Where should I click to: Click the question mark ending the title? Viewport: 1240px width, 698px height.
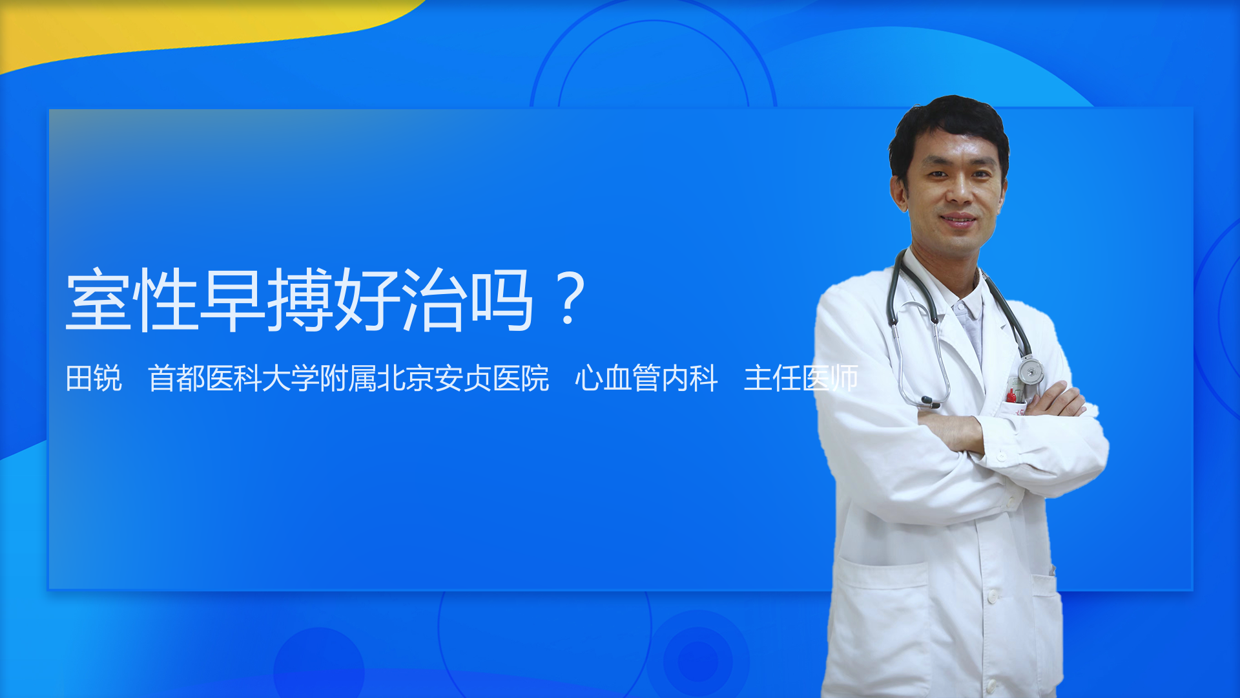(570, 299)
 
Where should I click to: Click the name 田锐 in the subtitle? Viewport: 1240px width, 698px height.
(94, 378)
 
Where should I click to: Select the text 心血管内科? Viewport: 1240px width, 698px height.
(646, 378)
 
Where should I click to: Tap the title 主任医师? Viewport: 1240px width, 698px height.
(800, 378)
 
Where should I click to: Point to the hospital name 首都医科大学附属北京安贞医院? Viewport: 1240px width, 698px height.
(349, 378)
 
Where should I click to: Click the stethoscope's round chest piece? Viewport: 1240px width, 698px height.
(1030, 371)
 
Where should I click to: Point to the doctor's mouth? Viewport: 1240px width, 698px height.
(958, 220)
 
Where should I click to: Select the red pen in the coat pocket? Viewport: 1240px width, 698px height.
(1011, 395)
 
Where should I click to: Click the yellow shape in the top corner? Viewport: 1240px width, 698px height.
(194, 26)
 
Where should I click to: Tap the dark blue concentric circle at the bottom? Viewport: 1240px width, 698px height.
(697, 659)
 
